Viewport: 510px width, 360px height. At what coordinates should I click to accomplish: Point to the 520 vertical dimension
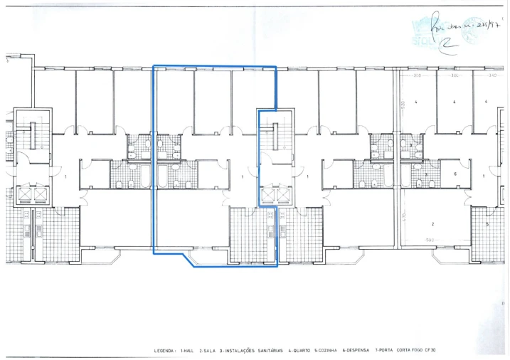[403, 102]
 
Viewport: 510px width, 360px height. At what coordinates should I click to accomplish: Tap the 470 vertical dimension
[403, 214]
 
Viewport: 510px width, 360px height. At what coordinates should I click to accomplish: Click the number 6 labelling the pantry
[455, 174]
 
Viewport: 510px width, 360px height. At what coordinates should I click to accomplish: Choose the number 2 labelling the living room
[432, 223]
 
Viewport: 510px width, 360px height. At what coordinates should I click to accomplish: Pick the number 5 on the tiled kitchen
[487, 224]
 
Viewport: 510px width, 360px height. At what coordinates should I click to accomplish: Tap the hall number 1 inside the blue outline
[243, 176]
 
